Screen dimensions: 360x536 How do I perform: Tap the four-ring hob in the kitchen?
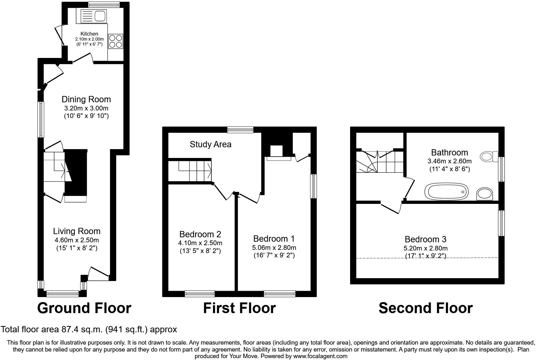tap(115, 41)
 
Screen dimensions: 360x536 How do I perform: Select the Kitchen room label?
tap(89, 34)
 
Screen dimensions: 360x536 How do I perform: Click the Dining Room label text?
tap(86, 99)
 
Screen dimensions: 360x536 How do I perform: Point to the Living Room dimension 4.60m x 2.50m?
tap(77, 240)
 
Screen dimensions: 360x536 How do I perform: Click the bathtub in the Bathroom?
tap(446, 192)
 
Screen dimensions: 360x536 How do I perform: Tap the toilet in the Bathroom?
tap(489, 156)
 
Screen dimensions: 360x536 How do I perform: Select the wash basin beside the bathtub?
tap(485, 194)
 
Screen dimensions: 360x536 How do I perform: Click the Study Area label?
tap(210, 144)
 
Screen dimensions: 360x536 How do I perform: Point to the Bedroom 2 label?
tap(200, 234)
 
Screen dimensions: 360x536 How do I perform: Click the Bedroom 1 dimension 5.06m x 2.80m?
tap(274, 248)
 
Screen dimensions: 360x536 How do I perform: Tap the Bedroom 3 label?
tap(425, 239)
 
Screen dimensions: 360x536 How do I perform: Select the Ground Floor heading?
tap(84, 308)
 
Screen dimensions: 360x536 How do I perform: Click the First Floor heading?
tap(239, 308)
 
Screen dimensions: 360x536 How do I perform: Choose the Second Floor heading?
tap(425, 308)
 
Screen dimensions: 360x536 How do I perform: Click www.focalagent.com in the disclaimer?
tap(320, 356)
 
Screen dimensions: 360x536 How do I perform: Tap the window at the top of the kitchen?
tap(104, 4)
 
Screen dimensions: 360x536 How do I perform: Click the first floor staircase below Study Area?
tap(195, 171)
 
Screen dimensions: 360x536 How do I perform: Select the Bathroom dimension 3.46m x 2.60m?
tap(449, 161)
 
